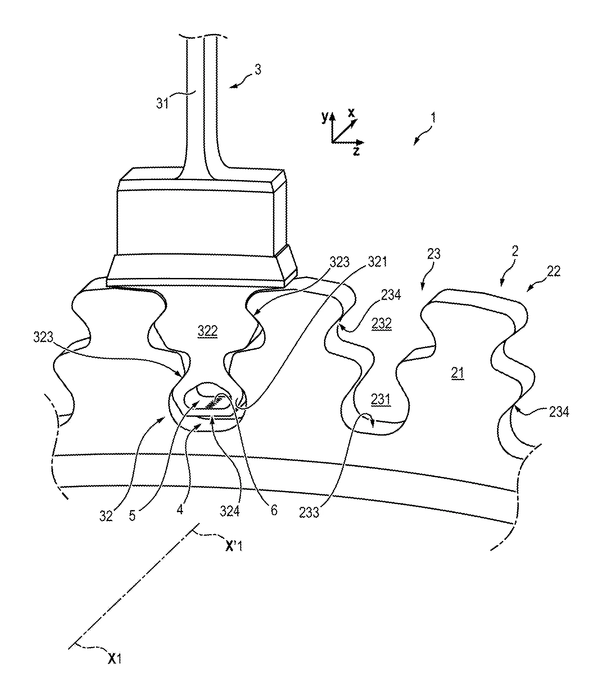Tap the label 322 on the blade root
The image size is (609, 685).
[207, 331]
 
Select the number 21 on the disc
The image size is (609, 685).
[457, 373]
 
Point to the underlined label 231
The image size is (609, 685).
[381, 399]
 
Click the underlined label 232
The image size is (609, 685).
[381, 324]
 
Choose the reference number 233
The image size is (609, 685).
[309, 512]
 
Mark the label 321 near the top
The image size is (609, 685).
[377, 262]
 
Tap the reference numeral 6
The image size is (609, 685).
[274, 510]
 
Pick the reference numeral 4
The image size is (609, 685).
[180, 510]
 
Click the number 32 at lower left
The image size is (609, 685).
[106, 516]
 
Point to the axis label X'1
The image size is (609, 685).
[234, 547]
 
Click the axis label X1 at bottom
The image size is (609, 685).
[114, 659]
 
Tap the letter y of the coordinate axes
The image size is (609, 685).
[324, 117]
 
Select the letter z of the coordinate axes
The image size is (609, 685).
[356, 151]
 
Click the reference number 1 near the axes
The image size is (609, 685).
[433, 117]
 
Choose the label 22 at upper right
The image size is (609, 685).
[553, 271]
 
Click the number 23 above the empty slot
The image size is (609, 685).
[433, 254]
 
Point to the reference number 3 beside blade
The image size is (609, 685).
[258, 70]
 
